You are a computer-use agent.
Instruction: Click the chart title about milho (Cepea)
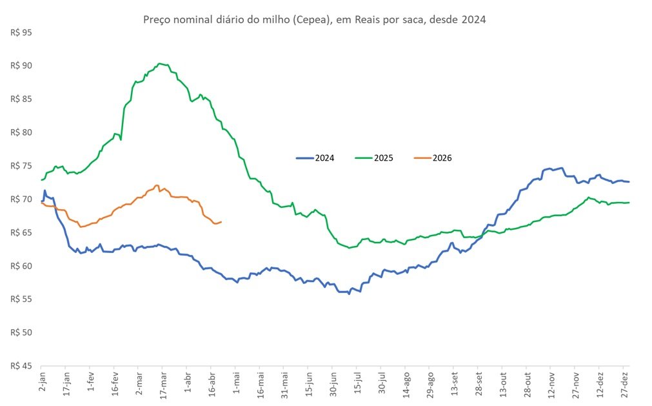coord(313,20)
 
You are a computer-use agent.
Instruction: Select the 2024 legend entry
coord(315,158)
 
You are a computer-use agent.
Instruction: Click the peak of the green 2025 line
coord(159,63)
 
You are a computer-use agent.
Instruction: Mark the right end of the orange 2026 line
coord(221,222)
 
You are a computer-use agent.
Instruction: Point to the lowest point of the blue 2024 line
coord(349,294)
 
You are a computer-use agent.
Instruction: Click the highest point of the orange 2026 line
coord(157,185)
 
